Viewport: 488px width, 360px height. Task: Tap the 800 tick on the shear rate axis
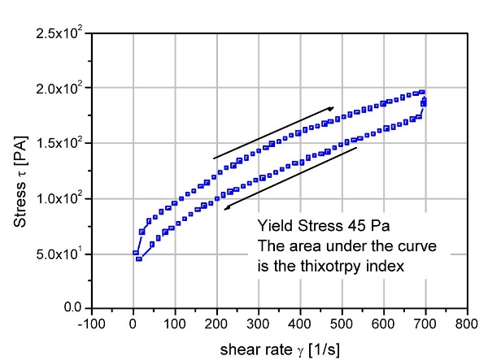click(466, 323)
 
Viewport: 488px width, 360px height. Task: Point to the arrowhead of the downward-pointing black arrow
click(229, 208)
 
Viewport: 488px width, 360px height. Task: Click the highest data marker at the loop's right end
click(422, 93)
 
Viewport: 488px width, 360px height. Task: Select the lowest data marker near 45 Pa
click(139, 259)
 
